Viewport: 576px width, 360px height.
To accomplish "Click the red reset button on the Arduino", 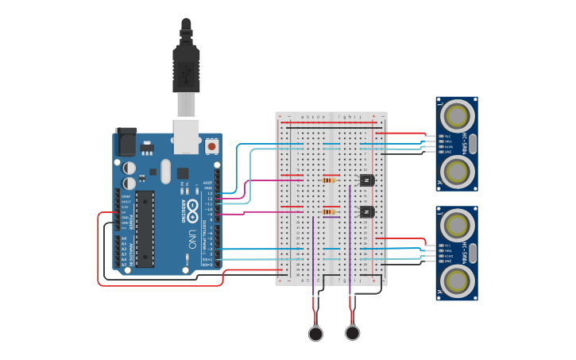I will (x=212, y=146).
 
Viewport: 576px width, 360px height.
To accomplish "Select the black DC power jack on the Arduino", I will (x=126, y=142).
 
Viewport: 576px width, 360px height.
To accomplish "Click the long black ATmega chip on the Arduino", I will (x=145, y=228).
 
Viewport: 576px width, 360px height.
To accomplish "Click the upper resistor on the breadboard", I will (x=329, y=180).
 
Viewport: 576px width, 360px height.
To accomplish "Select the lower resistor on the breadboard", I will (x=329, y=211).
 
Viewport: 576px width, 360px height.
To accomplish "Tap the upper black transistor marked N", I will (x=366, y=180).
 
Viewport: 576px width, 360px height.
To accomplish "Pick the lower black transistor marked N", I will (x=366, y=211).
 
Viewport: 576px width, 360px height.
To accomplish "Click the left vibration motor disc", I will (x=316, y=334).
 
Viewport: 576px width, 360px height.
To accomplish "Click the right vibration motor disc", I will (x=353, y=334).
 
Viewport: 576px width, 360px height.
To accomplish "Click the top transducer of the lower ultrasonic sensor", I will (x=457, y=226).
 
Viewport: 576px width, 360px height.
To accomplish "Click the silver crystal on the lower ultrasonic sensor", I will (x=473, y=253).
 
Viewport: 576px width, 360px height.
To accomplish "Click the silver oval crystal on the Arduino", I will (x=165, y=171).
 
